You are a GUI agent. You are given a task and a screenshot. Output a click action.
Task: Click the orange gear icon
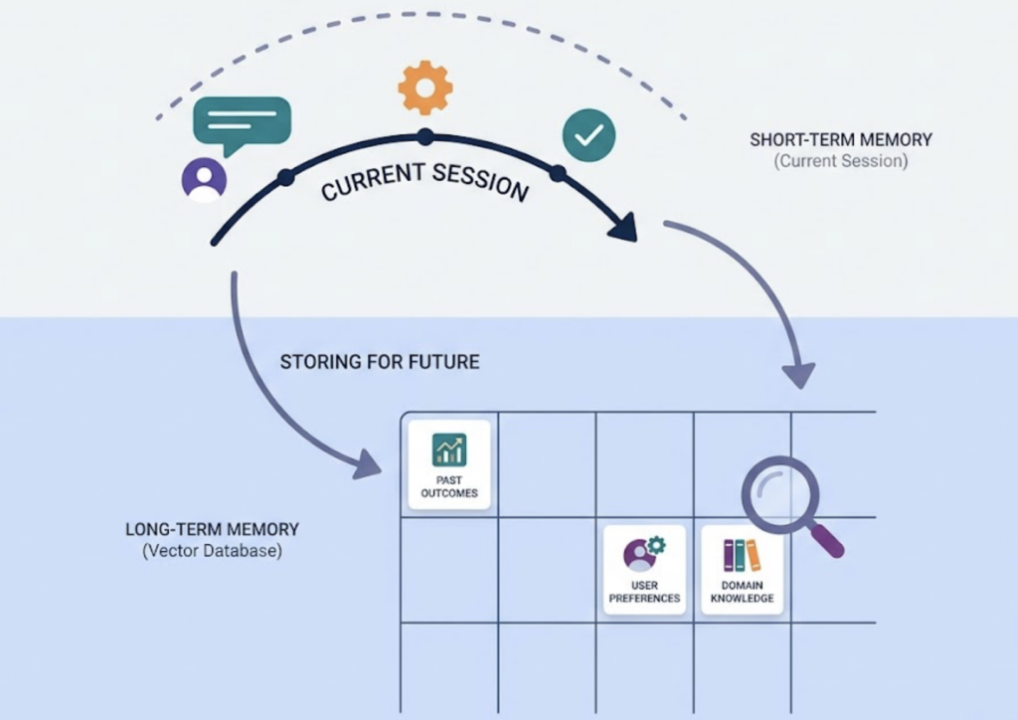(x=425, y=89)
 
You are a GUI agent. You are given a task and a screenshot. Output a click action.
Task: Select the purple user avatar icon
(x=204, y=180)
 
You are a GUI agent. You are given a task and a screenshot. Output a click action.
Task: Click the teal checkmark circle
(x=589, y=135)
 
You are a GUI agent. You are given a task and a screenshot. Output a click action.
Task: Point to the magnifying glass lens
(x=780, y=493)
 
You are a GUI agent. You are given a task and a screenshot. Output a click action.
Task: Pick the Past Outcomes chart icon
(x=449, y=450)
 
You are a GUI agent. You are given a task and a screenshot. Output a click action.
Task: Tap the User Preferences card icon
(x=644, y=554)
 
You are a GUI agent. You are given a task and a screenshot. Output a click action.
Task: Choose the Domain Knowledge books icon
(x=742, y=555)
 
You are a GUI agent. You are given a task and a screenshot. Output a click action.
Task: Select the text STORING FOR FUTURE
(x=379, y=362)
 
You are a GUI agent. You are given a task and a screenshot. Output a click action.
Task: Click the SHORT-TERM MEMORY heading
(x=841, y=140)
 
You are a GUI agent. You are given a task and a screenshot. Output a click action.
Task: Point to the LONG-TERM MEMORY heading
(x=212, y=529)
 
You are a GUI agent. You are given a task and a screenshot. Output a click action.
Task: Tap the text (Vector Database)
(x=212, y=550)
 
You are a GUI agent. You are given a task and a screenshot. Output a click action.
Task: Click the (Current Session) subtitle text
(x=841, y=160)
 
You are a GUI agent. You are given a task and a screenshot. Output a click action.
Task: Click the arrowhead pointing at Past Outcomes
(x=369, y=463)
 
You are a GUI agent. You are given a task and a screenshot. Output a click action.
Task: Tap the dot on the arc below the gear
(x=424, y=135)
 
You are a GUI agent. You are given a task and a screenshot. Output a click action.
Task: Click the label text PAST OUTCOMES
(x=449, y=486)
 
